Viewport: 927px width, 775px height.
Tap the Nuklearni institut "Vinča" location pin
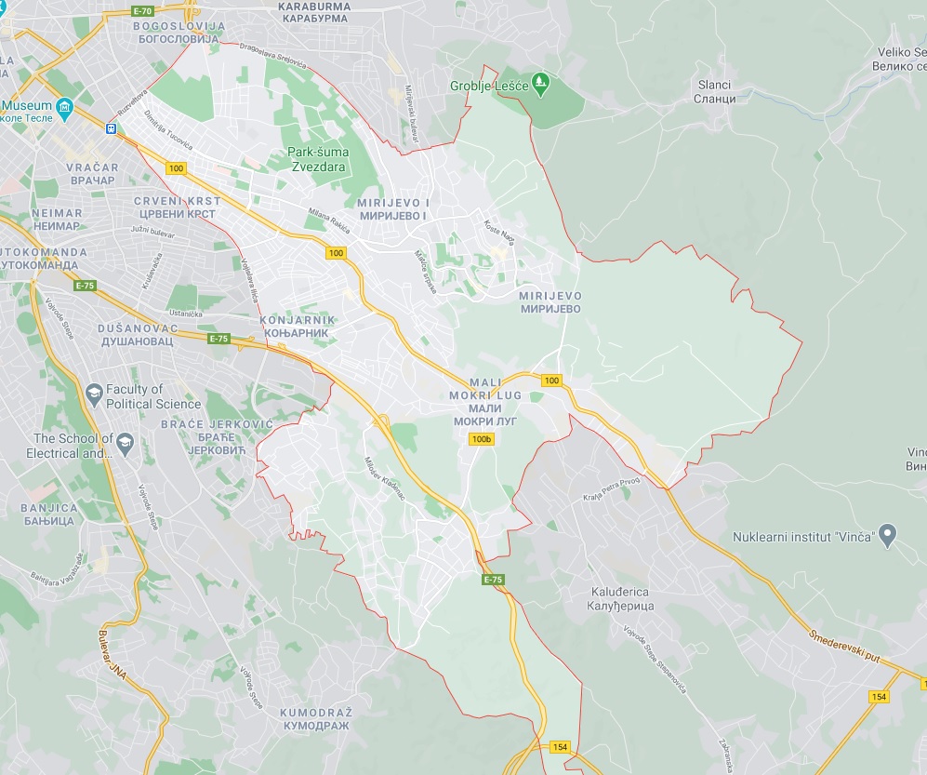click(x=887, y=536)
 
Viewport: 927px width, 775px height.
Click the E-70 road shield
click(x=142, y=10)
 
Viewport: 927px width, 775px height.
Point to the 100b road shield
click(x=481, y=439)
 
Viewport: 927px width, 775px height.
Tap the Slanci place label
click(x=716, y=91)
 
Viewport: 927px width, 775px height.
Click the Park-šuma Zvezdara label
click(x=316, y=159)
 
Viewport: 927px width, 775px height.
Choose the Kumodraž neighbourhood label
click(x=314, y=718)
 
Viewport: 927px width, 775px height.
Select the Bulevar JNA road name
click(x=113, y=657)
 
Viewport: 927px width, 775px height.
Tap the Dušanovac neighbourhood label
click(x=136, y=335)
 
